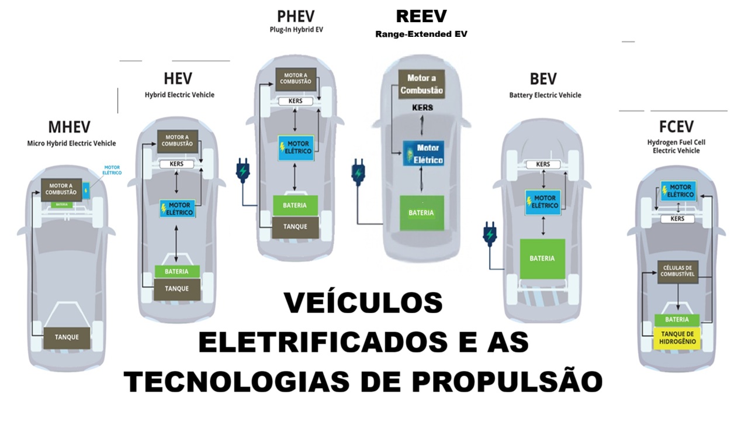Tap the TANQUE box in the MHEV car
click(67, 337)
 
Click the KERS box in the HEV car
click(176, 164)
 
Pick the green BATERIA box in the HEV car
click(176, 271)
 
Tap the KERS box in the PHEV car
click(296, 101)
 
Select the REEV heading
click(421, 16)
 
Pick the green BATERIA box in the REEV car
click(421, 213)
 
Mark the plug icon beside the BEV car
click(489, 233)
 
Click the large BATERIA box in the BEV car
click(542, 258)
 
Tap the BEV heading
click(543, 78)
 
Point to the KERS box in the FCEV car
click(678, 219)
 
